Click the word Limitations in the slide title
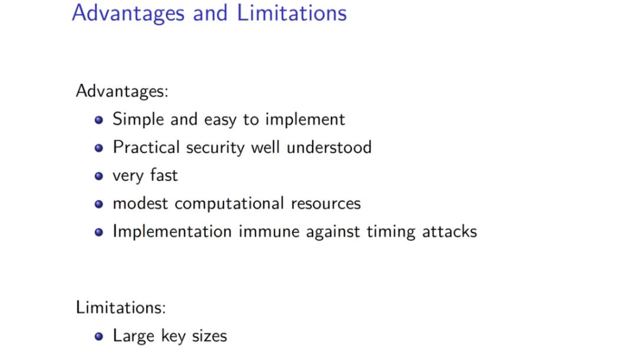292,12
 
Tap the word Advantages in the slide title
129,14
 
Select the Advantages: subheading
122,91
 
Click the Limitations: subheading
121,307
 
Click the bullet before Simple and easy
98,120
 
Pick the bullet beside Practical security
98,148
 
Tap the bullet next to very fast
98,176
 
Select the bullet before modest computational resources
98,204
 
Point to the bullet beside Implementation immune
98,232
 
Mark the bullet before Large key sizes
98,336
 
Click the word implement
305,120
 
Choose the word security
215,148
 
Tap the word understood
329,147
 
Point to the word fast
164,175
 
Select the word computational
229,204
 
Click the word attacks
449,231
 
